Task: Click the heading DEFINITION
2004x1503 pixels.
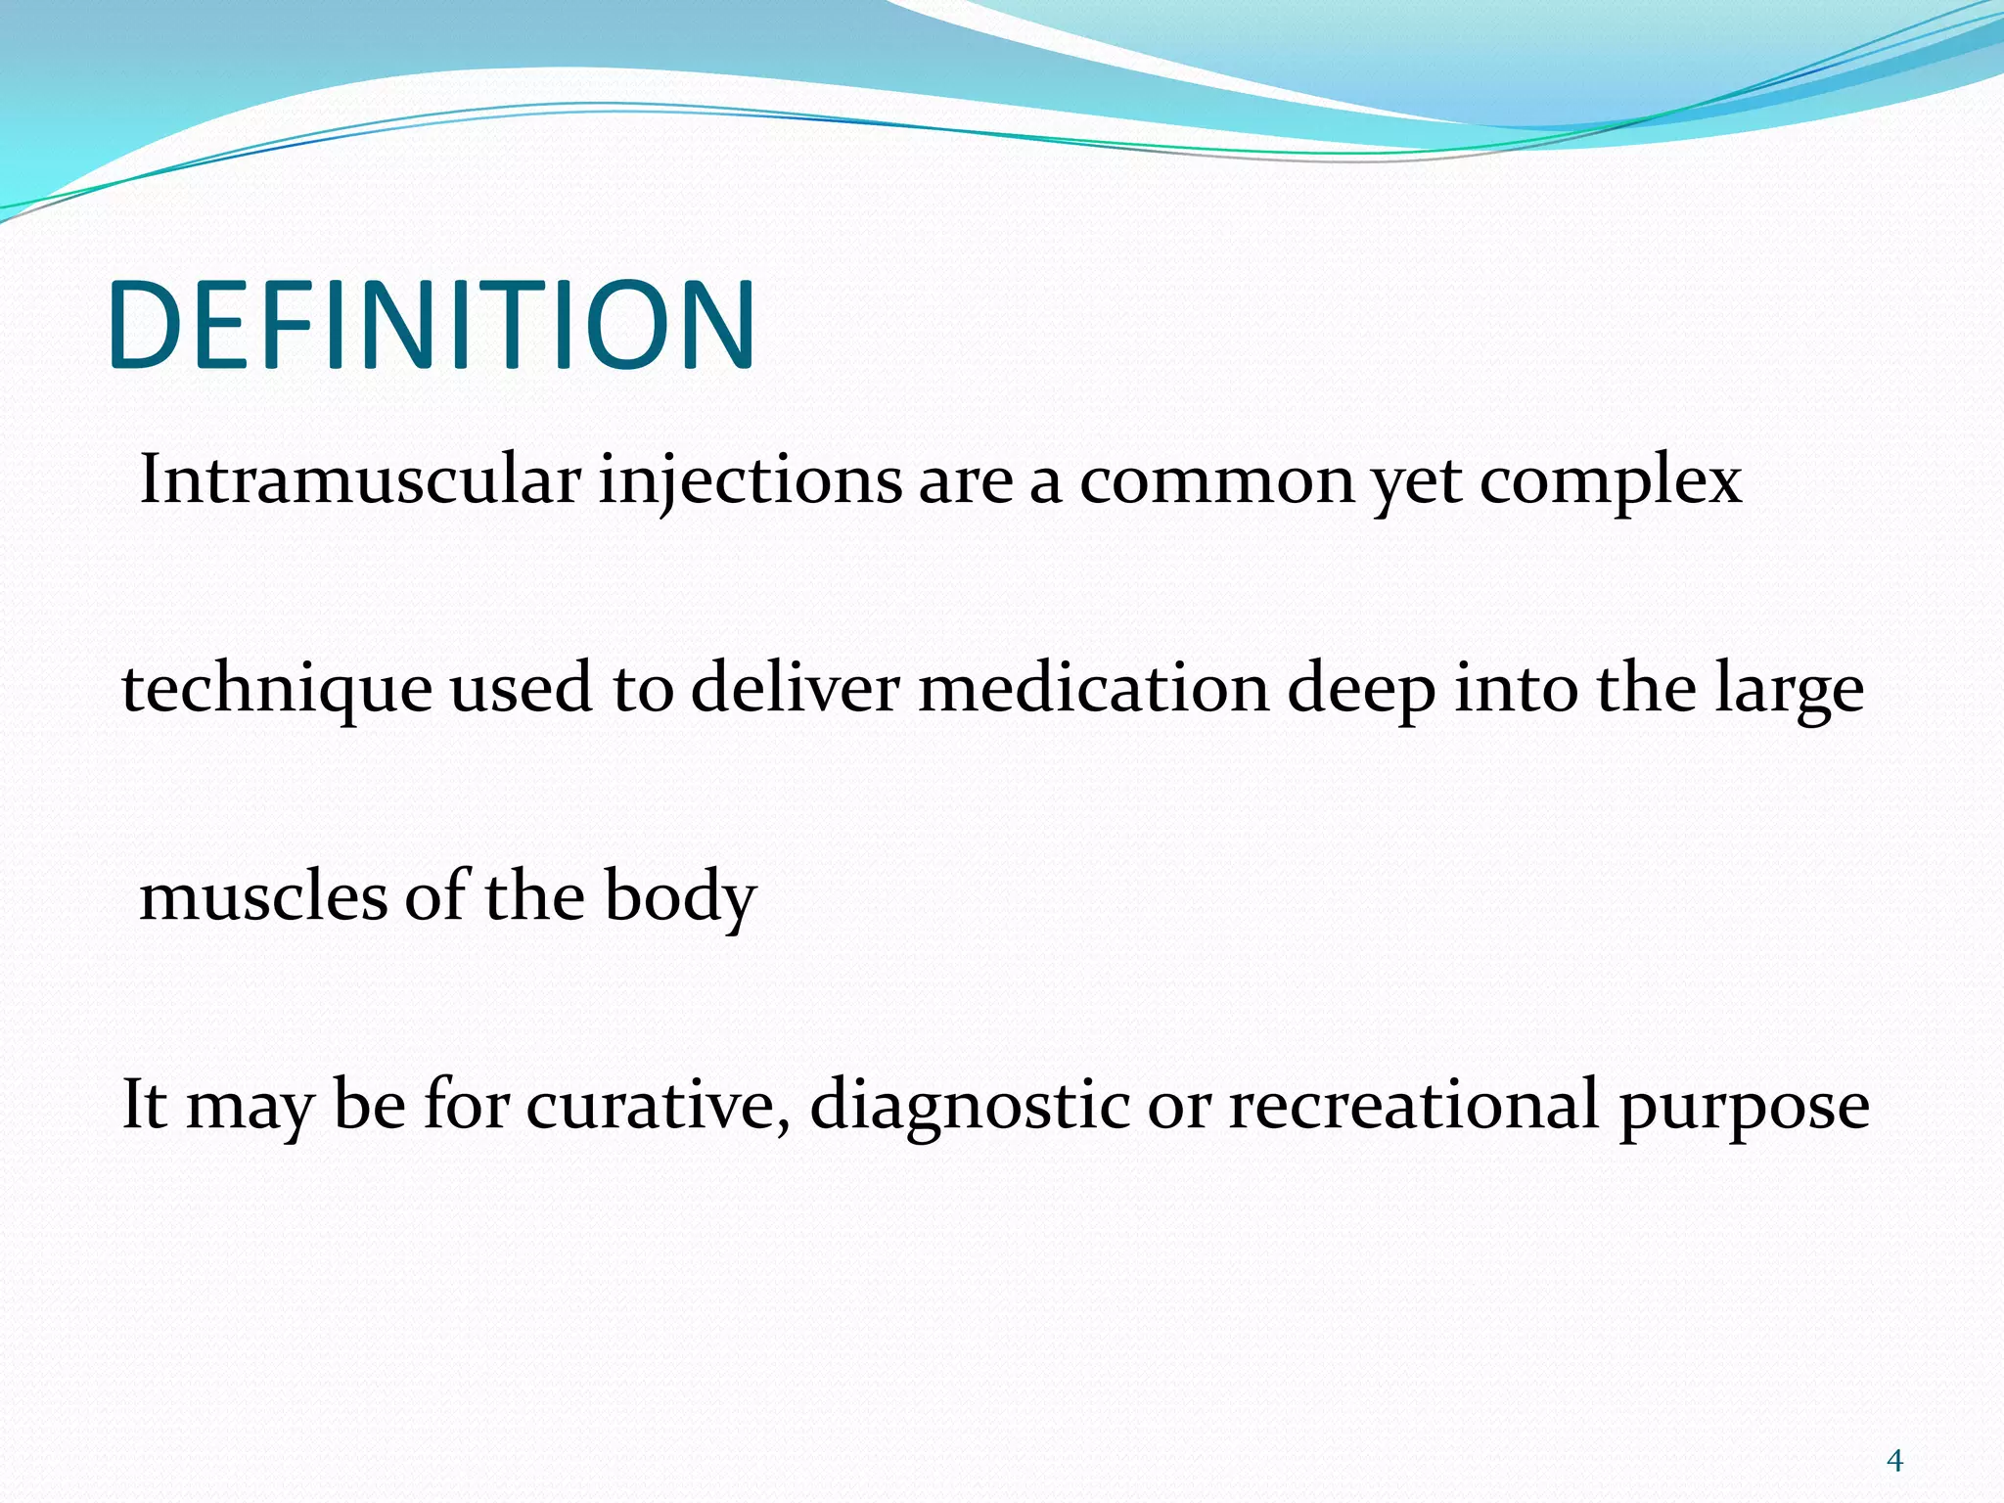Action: click(432, 325)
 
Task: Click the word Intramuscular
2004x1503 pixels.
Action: click(360, 480)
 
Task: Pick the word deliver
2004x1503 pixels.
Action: click(795, 688)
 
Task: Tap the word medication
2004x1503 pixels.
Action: click(1094, 688)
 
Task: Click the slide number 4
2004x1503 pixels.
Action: click(1894, 1461)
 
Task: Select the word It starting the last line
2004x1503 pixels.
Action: click(144, 1106)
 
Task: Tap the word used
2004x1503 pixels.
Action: click(521, 688)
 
